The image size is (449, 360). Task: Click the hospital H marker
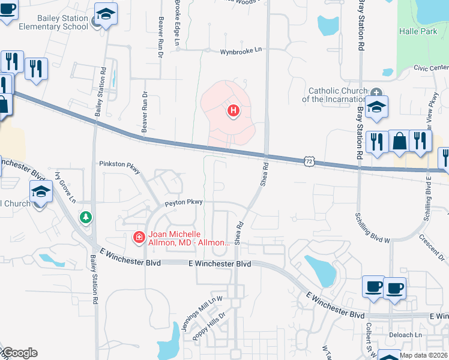(233, 111)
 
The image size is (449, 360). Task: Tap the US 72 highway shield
(309, 161)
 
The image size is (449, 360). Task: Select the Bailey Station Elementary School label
(44, 23)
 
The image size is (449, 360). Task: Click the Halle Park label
(418, 31)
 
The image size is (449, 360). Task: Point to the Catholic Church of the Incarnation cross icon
(376, 92)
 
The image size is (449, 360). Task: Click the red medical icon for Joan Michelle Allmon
(139, 238)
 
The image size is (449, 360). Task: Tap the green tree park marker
(86, 217)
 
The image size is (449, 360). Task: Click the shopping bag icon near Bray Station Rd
(399, 142)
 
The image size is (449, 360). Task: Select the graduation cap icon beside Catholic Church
(377, 107)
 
